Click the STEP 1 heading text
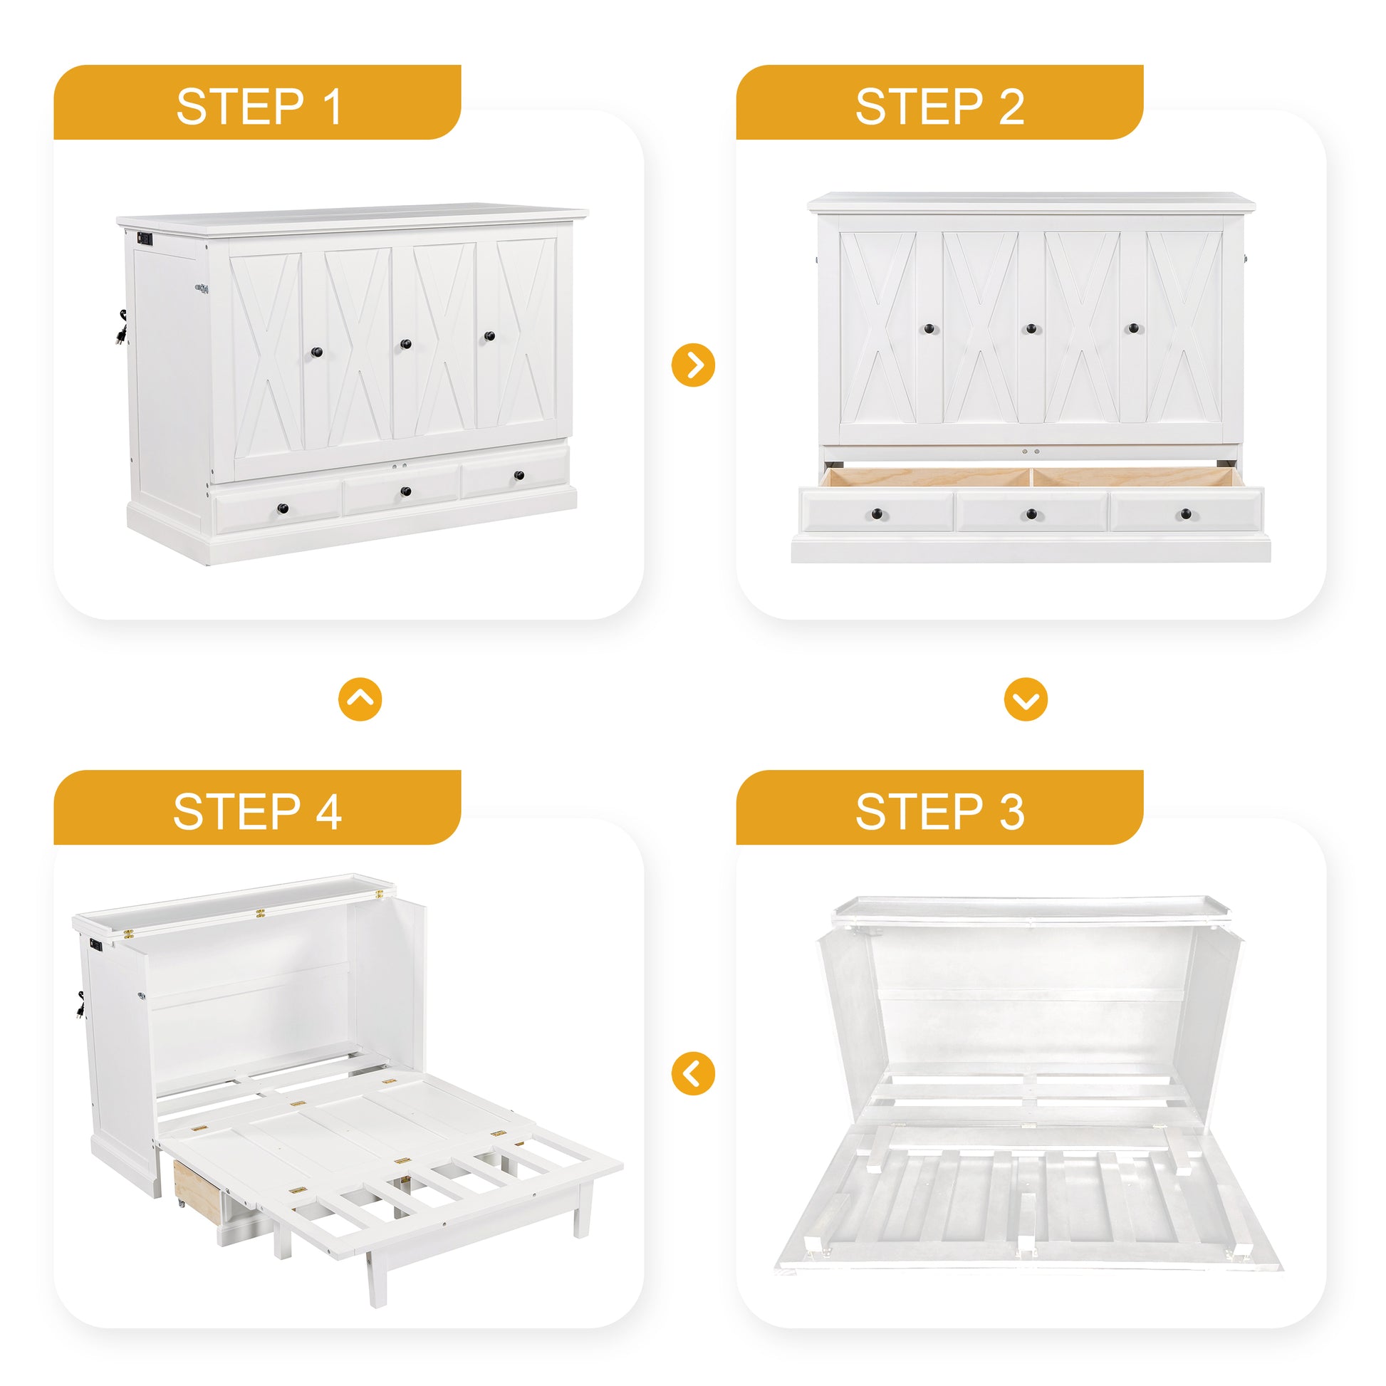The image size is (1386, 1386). coord(259,107)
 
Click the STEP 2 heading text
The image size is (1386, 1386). coord(939,107)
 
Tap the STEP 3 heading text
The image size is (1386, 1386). coord(939,812)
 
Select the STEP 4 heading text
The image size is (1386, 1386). coord(258,812)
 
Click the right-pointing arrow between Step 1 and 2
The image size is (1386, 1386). coord(693,365)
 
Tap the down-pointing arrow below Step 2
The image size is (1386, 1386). coord(1025,699)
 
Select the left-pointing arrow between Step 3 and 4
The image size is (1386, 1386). coord(693,1073)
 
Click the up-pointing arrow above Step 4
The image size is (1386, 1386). coord(360,699)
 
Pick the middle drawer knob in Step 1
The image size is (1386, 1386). coord(405,491)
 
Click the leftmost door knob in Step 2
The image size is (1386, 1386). coord(929,328)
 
